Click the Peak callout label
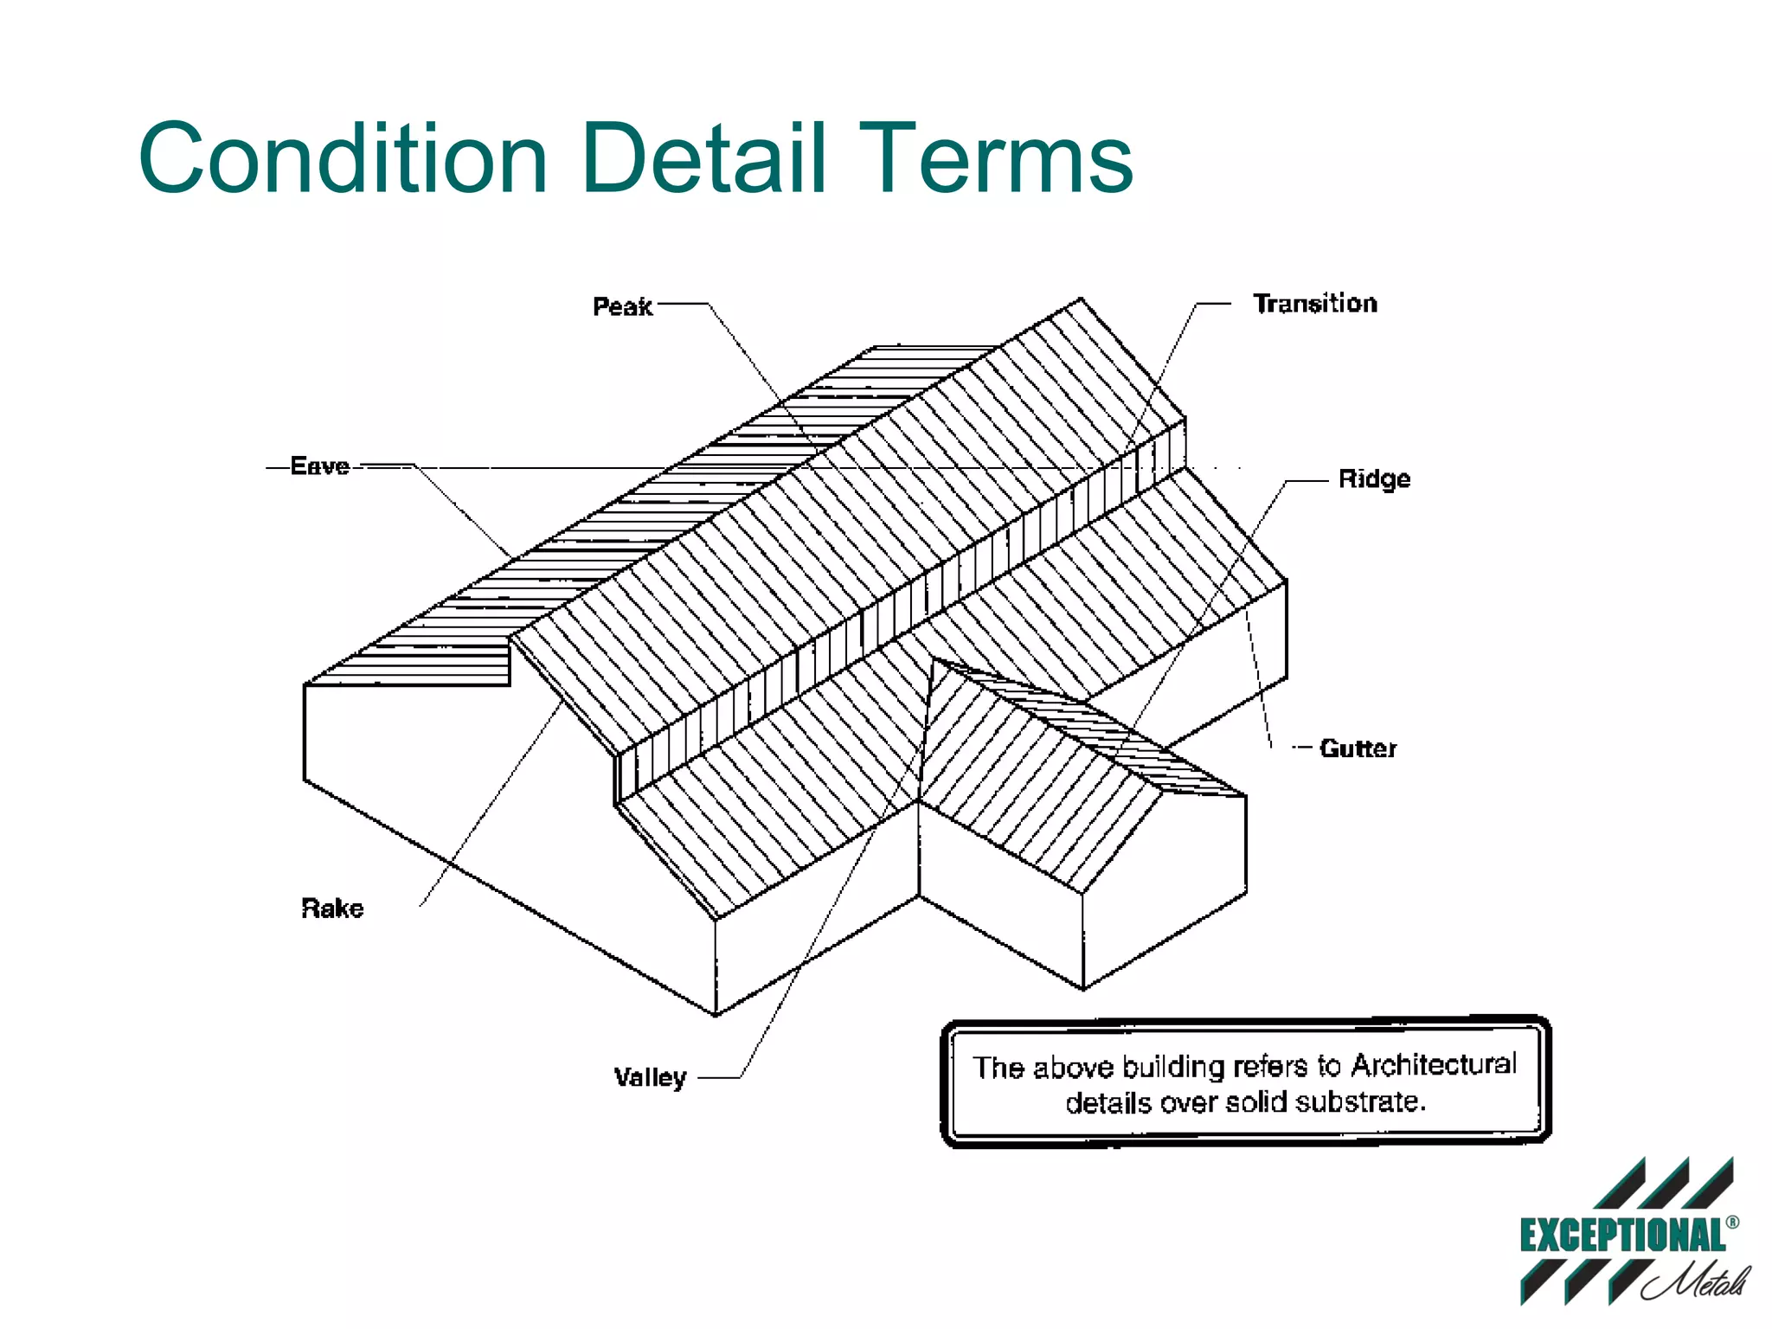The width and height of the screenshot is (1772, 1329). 621,306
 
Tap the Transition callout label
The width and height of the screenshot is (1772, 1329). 1314,304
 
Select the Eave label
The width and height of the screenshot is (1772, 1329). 319,466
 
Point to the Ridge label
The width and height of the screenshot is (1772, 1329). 1373,478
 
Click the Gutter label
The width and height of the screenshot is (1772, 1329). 1357,748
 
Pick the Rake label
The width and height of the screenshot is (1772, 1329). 332,908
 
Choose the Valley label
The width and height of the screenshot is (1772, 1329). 650,1077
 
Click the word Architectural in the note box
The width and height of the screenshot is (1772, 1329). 1433,1064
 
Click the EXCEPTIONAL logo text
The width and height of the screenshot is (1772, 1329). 1621,1236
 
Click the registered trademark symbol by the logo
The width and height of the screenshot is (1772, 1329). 1731,1223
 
